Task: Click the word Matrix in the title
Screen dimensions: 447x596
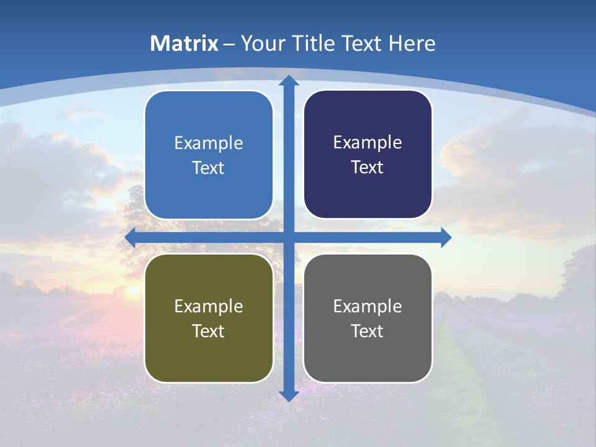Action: click(x=184, y=43)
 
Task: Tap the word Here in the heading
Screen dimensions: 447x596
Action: click(x=412, y=43)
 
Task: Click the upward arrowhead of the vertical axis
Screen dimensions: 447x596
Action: click(x=288, y=81)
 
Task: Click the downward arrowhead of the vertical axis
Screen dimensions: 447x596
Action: click(x=288, y=395)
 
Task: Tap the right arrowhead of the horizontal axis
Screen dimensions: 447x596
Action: click(x=445, y=237)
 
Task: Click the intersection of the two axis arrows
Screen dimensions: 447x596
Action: click(x=288, y=237)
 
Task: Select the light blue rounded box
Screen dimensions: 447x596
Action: click(x=209, y=155)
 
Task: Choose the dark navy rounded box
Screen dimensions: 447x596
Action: click(x=368, y=155)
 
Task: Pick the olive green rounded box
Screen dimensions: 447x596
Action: click(x=209, y=318)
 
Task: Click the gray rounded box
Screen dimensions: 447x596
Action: click(x=368, y=318)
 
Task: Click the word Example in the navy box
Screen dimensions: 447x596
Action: click(x=368, y=142)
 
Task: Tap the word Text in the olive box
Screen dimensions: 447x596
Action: click(x=209, y=331)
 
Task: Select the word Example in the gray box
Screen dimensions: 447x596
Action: click(x=368, y=306)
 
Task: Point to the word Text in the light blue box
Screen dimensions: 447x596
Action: click(x=209, y=168)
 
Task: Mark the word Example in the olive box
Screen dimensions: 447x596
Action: click(x=209, y=306)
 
